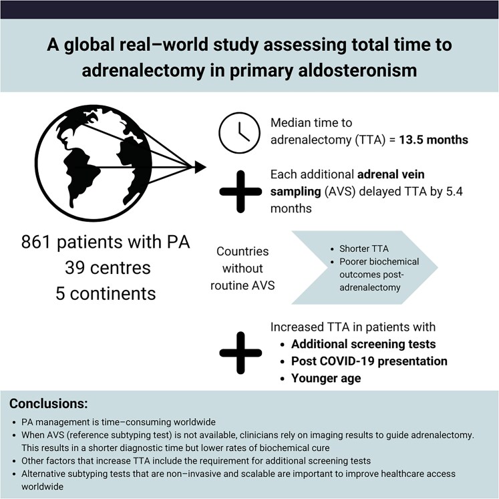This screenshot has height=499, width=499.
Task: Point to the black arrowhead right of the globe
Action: point(200,164)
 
